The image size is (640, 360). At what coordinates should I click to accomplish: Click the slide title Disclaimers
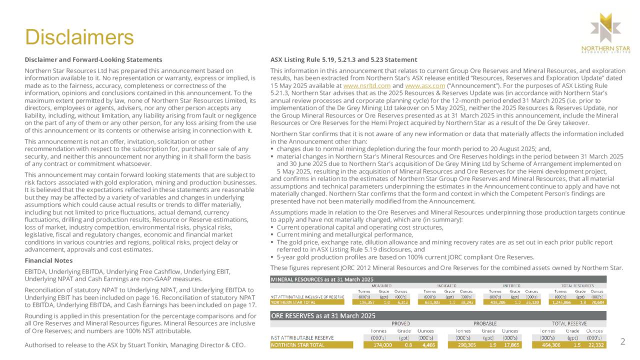tap(79, 37)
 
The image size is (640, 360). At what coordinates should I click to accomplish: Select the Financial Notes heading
tap(48, 260)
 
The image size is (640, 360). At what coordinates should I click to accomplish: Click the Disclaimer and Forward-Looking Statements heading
tap(93, 60)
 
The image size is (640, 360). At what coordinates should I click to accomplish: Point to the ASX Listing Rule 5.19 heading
tap(343, 60)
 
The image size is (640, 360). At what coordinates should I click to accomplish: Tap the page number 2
tap(622, 341)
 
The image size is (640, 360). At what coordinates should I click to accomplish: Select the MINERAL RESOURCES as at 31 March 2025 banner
tap(322, 278)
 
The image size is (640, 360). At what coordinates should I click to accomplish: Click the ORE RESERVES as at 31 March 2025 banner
tap(323, 315)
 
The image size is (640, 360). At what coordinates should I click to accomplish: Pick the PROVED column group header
tap(400, 323)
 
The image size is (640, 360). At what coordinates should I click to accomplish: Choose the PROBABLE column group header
tap(484, 323)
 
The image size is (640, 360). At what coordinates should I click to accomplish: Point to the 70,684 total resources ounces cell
tap(596, 301)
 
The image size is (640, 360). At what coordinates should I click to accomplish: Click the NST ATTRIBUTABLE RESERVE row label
tap(299, 338)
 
